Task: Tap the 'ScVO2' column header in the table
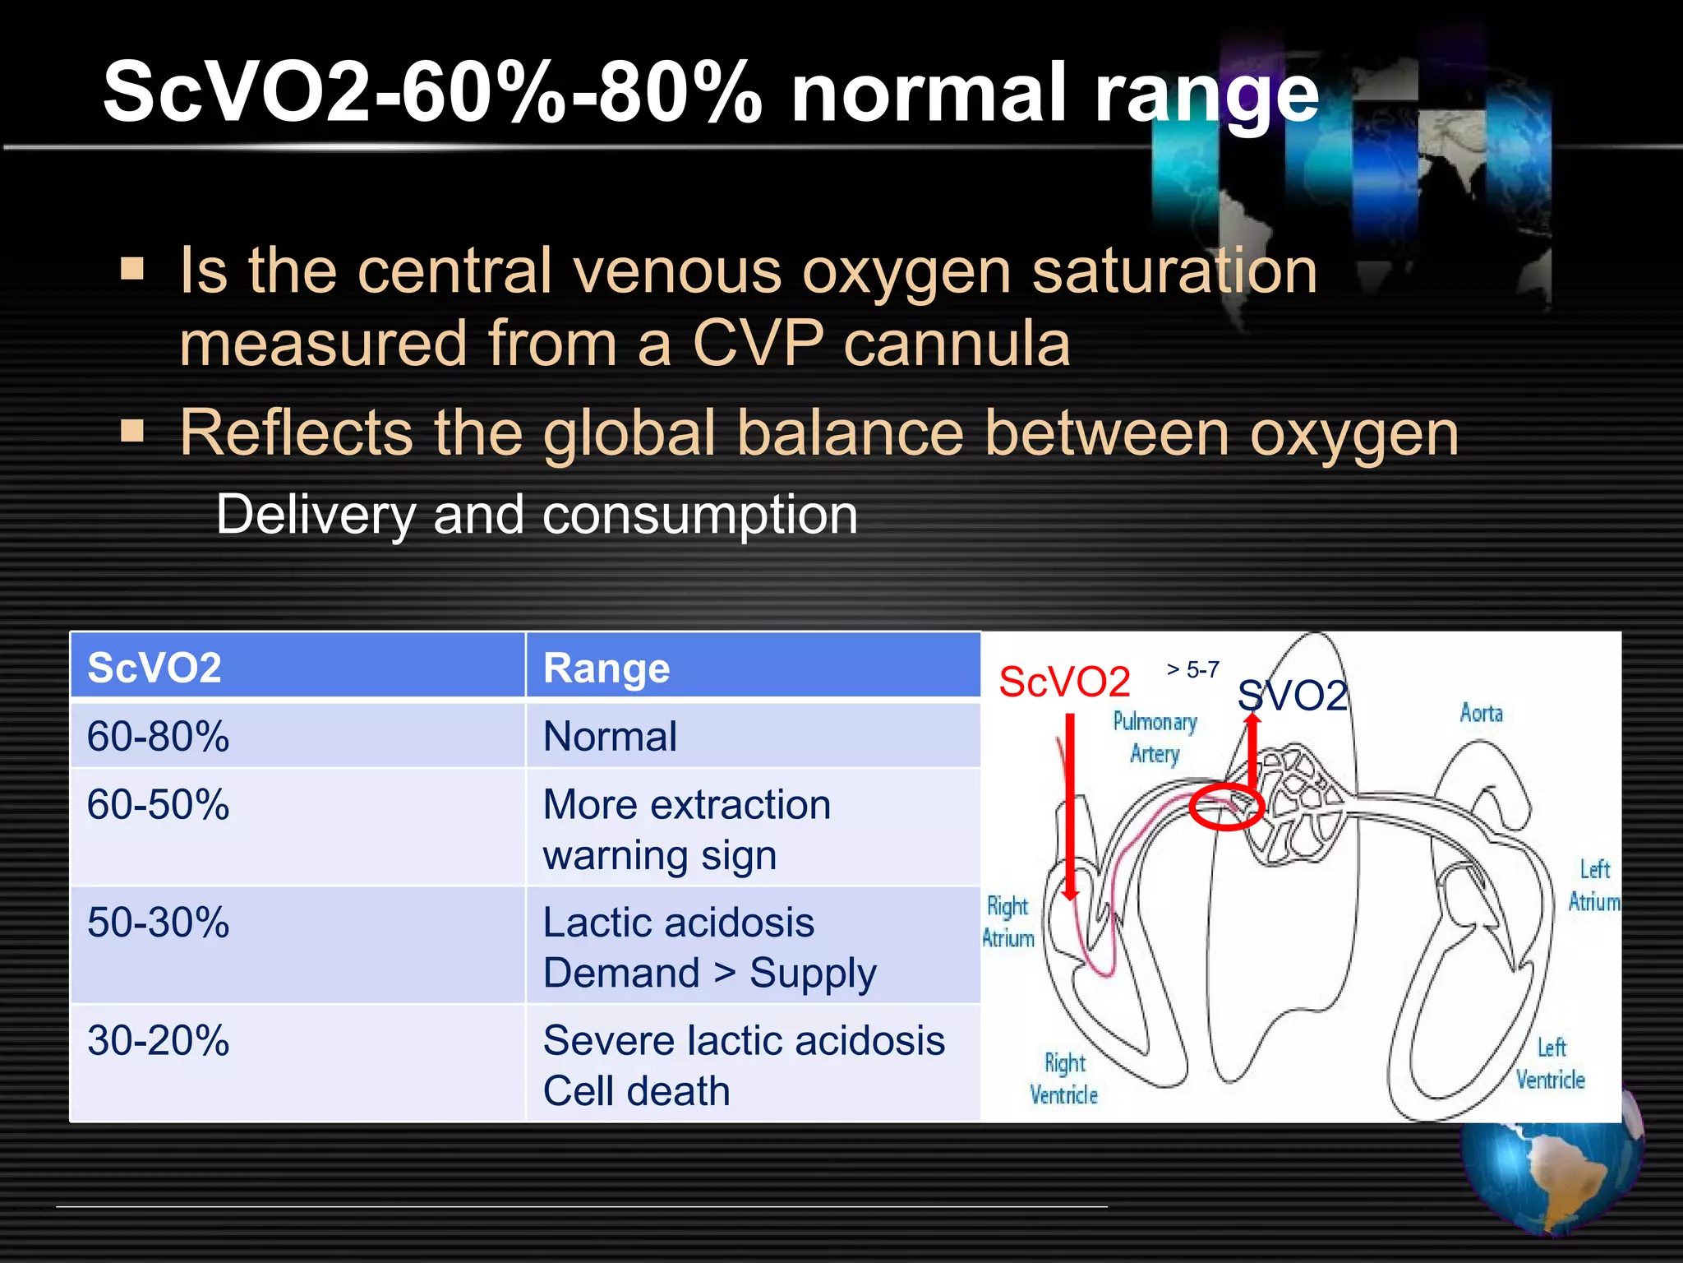tap(154, 667)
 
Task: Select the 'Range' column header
tap(606, 668)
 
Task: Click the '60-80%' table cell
tap(158, 736)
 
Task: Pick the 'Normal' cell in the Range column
tap(610, 736)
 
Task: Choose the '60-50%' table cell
tap(158, 804)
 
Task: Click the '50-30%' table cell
tap(158, 922)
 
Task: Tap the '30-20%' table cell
tap(158, 1040)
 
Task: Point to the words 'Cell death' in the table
tap(636, 1091)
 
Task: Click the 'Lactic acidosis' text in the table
tap(679, 922)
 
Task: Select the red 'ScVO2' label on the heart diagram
tap(1064, 682)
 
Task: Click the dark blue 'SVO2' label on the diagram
tap(1292, 696)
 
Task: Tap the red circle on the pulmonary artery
tap(1226, 807)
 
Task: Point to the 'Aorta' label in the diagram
tap(1481, 713)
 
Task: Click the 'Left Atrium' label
tap(1594, 886)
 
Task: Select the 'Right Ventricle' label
tap(1064, 1079)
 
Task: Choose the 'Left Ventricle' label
tap(1551, 1063)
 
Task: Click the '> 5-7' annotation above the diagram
tap(1193, 670)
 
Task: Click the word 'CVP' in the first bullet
tap(758, 344)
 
